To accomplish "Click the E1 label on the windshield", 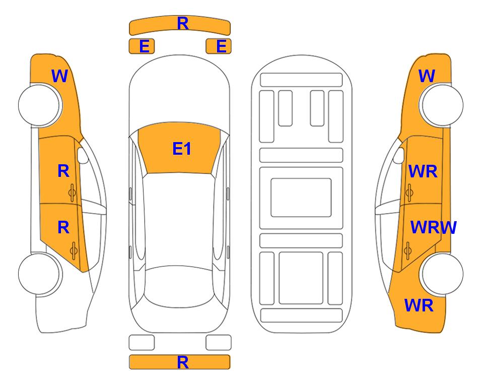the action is pyautogui.click(x=182, y=149).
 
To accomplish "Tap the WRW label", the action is pyautogui.click(x=433, y=228).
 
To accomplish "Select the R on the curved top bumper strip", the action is pyautogui.click(x=183, y=23).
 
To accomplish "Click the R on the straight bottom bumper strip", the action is pyautogui.click(x=182, y=362).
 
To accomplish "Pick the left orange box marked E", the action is pyautogui.click(x=142, y=46).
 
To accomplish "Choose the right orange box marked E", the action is pyautogui.click(x=219, y=46).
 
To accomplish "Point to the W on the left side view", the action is pyautogui.click(x=59, y=76).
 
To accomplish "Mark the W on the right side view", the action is pyautogui.click(x=427, y=76).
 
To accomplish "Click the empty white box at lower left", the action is pyautogui.click(x=142, y=343).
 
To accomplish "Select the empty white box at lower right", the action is pyautogui.click(x=219, y=343).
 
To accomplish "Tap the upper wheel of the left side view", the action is pyautogui.click(x=40, y=105).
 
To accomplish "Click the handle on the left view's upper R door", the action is pyautogui.click(x=73, y=192).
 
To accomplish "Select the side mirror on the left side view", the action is pyautogui.click(x=82, y=155).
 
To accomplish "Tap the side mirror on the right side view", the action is pyautogui.click(x=399, y=155).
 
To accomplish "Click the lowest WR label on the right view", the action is pyautogui.click(x=419, y=305).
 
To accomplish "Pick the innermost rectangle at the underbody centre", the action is pyautogui.click(x=301, y=198).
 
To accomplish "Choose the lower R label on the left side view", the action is pyautogui.click(x=63, y=228).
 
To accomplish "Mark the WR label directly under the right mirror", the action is pyautogui.click(x=423, y=171).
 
